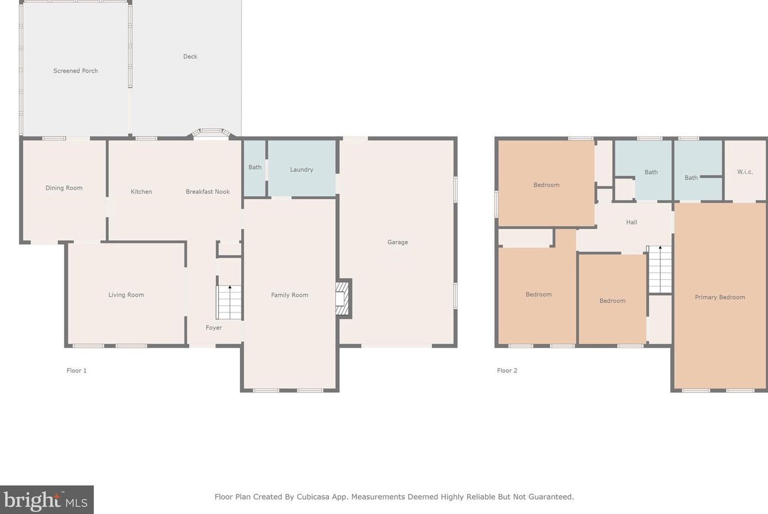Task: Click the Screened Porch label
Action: (76, 71)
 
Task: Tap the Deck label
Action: (190, 56)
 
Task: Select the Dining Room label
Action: (64, 188)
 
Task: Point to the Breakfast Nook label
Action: (208, 192)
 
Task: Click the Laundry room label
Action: (302, 169)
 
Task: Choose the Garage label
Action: (398, 242)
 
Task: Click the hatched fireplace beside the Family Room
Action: (342, 299)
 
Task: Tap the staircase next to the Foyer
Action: (229, 302)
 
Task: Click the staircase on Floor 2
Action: (659, 269)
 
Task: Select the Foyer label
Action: (214, 327)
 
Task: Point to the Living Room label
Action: (126, 295)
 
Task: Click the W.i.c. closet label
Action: (745, 172)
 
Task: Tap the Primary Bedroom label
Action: (720, 297)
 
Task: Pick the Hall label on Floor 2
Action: (632, 222)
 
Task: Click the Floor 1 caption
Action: (76, 370)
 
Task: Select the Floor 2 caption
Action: (507, 370)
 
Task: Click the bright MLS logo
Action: (46, 500)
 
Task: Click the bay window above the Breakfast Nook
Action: (211, 133)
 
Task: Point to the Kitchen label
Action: (141, 192)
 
